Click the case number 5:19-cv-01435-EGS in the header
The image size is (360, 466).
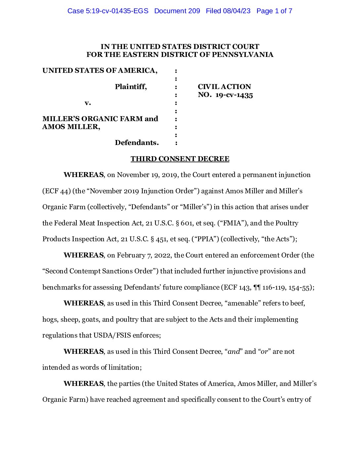[x=108, y=11]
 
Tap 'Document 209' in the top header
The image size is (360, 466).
[x=177, y=11]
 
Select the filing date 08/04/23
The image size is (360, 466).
[x=237, y=11]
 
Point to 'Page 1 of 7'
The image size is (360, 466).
[x=274, y=11]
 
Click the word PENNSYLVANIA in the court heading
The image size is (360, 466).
[x=243, y=55]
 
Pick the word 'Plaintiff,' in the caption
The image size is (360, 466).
[x=131, y=87]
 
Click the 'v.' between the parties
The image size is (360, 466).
[x=87, y=103]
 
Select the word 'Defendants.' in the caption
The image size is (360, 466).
[x=137, y=143]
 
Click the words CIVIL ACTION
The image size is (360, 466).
[x=224, y=87]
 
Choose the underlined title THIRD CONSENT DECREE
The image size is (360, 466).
[x=180, y=159]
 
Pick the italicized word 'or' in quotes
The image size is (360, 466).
[x=264, y=351]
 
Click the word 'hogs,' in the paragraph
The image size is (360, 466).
[x=50, y=319]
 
